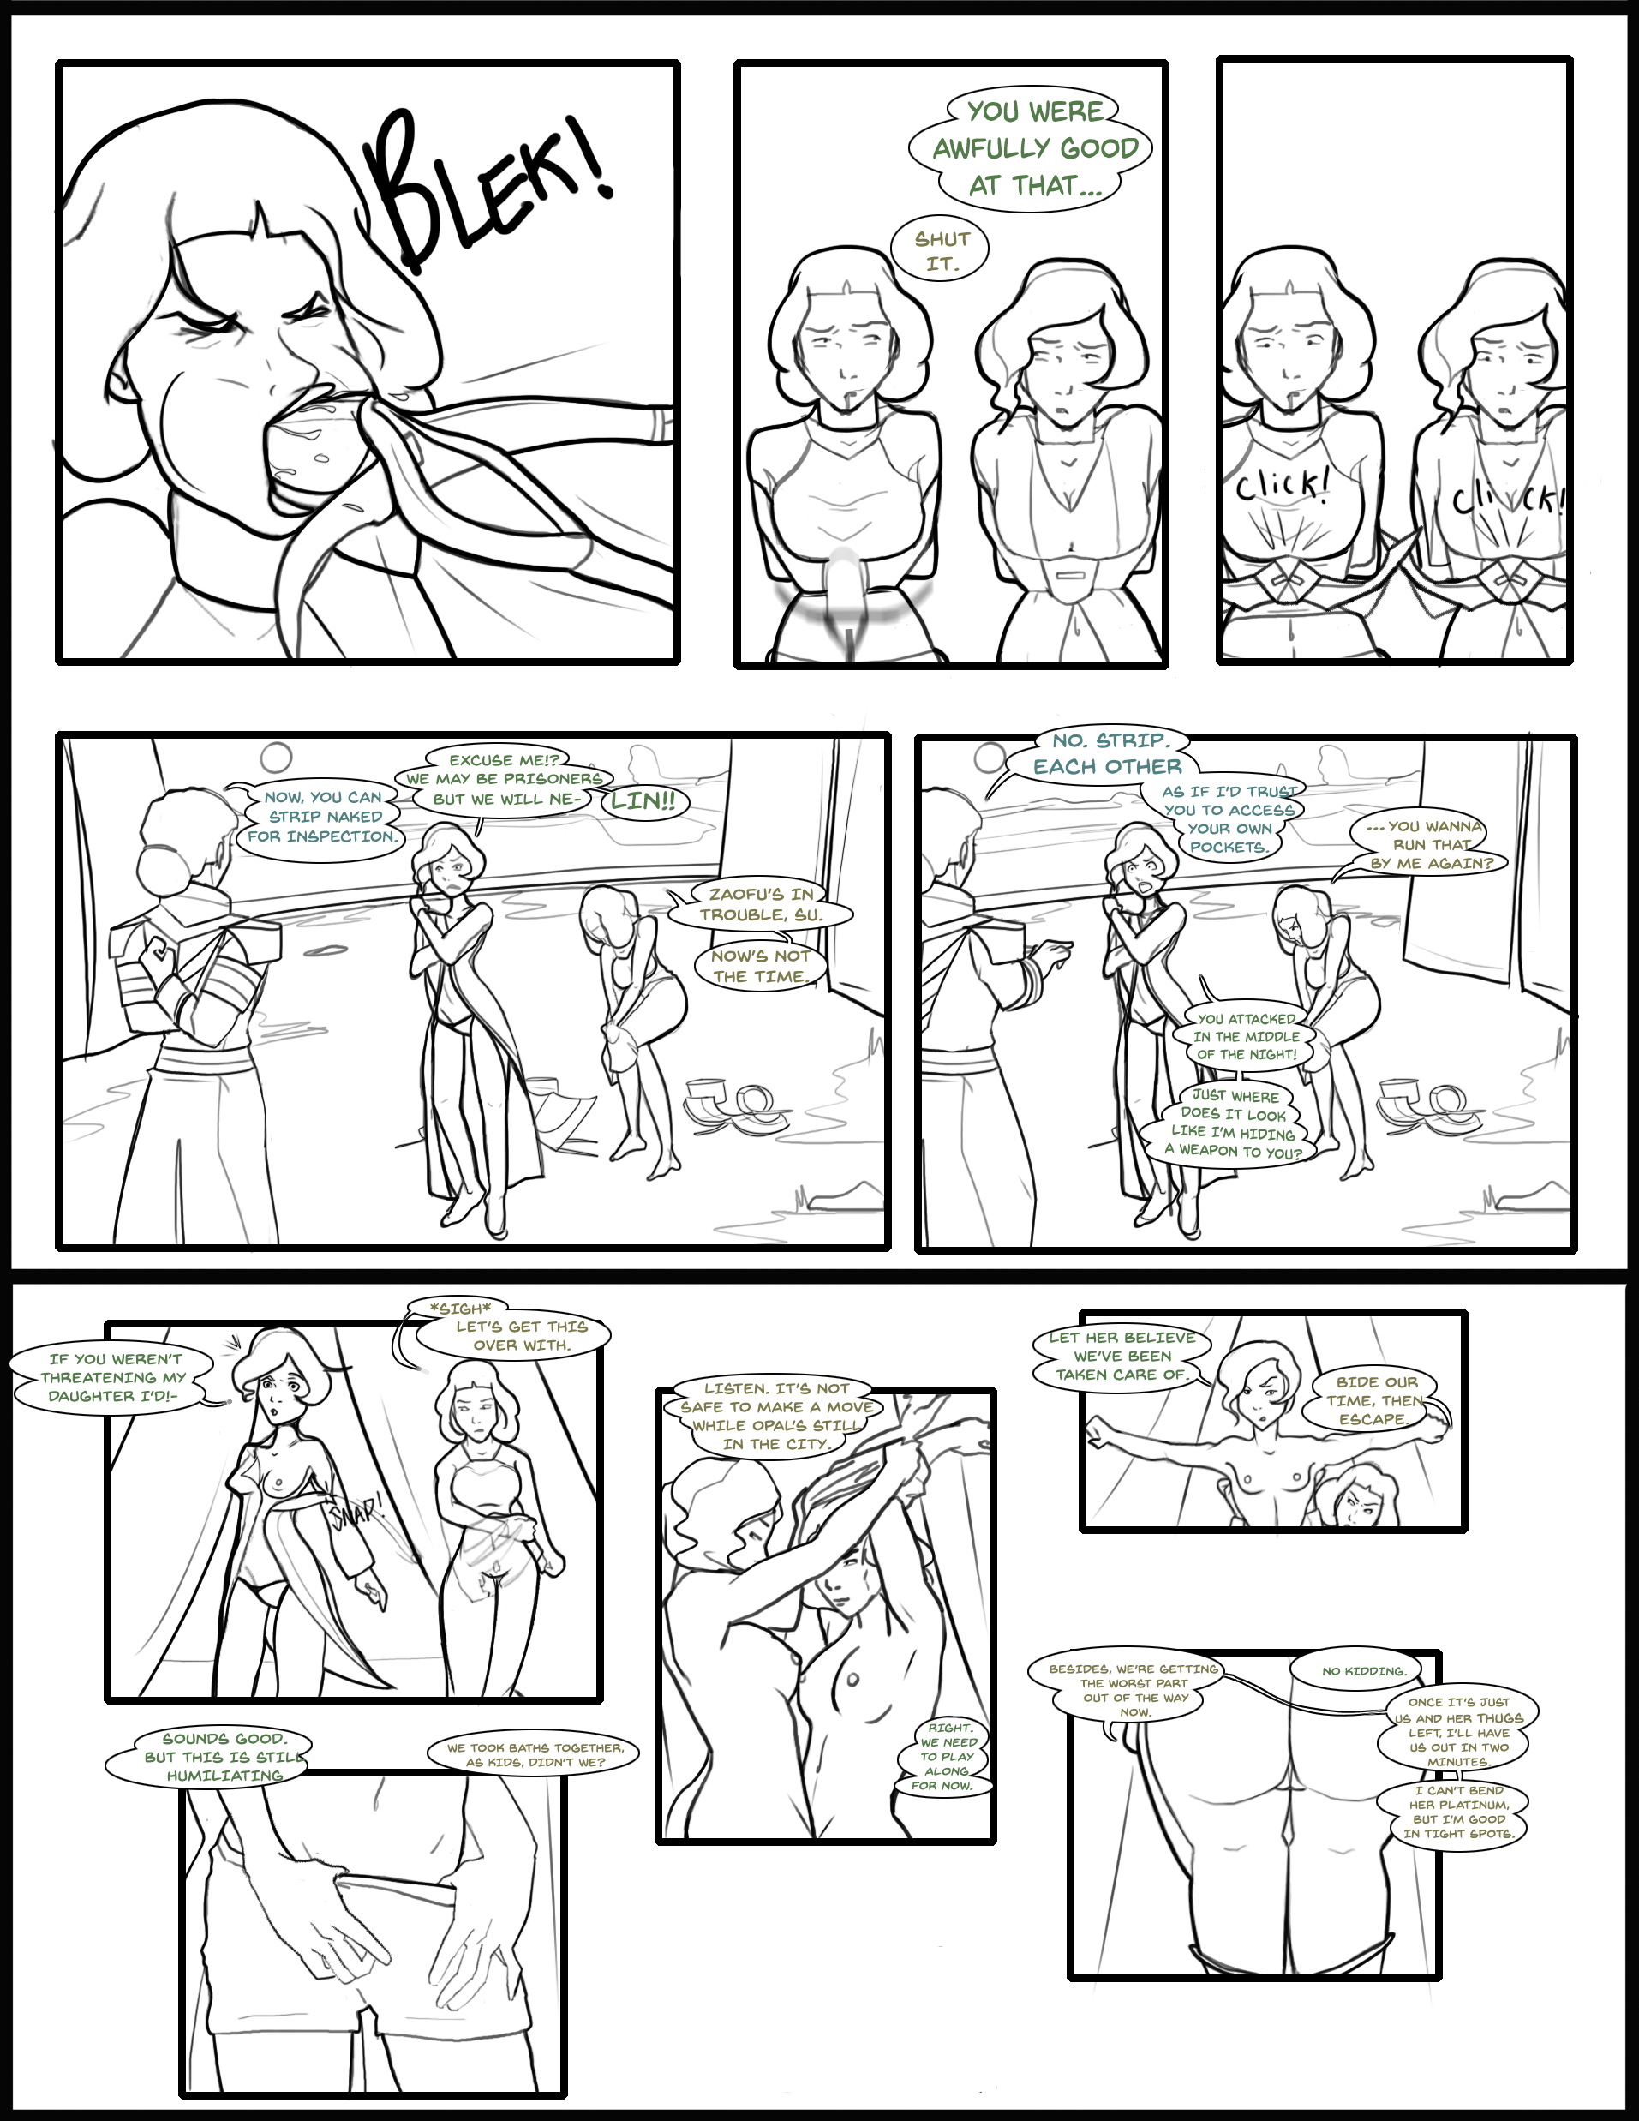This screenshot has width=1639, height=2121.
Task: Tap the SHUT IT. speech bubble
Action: pyautogui.click(x=940, y=250)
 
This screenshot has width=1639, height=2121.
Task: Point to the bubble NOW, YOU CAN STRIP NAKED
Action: pyautogui.click(x=322, y=816)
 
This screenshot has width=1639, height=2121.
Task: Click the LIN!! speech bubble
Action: pyautogui.click(x=642, y=801)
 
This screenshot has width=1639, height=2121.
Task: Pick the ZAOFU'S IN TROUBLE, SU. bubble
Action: pyautogui.click(x=760, y=904)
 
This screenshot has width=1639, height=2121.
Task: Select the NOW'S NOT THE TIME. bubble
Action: pyautogui.click(x=759, y=965)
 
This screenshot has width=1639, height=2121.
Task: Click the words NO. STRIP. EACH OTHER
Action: pyautogui.click(x=1109, y=753)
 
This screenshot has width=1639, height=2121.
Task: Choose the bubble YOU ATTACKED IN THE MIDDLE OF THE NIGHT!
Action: pyautogui.click(x=1247, y=1036)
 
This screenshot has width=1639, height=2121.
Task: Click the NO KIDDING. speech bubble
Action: pyautogui.click(x=1363, y=1671)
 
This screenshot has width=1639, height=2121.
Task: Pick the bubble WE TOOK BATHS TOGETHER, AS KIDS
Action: pyautogui.click(x=535, y=1754)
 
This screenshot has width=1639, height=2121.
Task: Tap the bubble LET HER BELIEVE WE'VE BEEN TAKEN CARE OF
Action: pyautogui.click(x=1122, y=1356)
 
